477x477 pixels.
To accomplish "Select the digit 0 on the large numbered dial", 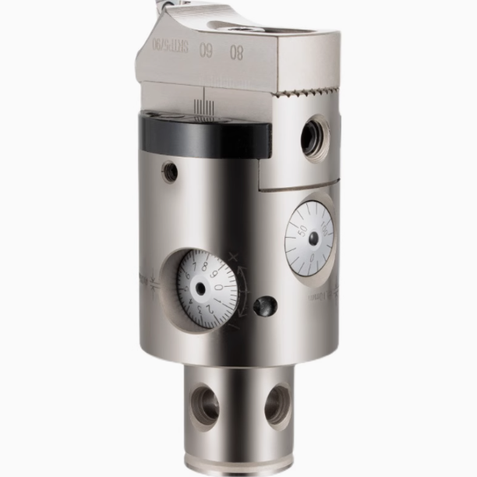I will point(218,287).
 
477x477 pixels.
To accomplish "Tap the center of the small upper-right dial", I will point(313,238).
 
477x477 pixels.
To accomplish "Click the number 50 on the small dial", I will point(299,231).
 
